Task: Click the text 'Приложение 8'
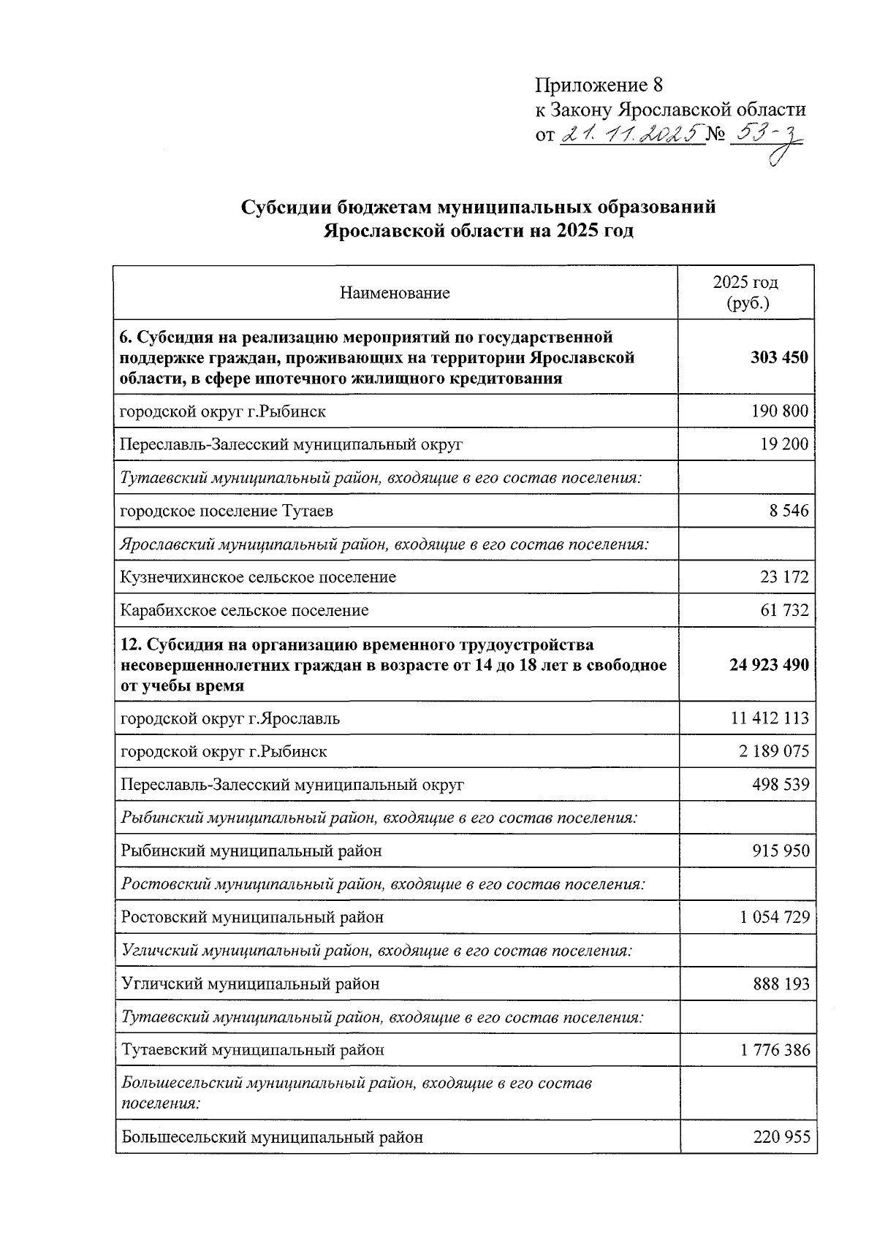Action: [599, 85]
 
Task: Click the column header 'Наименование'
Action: [395, 293]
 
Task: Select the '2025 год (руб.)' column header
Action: [745, 292]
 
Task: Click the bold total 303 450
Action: [779, 358]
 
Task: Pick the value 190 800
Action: [780, 411]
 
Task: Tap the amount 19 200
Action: [784, 444]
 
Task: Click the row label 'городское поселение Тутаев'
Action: [227, 511]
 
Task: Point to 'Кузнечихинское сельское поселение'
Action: [258, 577]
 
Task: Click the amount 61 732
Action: [784, 610]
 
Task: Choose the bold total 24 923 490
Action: [770, 665]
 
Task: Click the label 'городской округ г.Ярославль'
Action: [230, 718]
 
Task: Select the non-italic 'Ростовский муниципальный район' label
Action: [252, 917]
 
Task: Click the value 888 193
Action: [781, 984]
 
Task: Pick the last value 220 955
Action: [781, 1137]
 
